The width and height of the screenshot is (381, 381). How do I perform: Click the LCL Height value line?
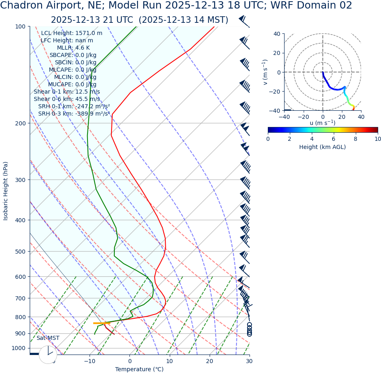pyautogui.click(x=72, y=33)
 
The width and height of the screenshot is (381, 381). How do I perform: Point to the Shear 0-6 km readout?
pyautogui.click(x=67, y=99)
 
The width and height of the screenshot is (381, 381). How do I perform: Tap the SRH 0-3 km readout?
pyautogui.click(x=74, y=114)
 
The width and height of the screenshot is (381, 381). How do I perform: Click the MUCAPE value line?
pyautogui.click(x=72, y=84)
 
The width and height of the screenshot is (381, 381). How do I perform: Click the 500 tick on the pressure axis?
pyautogui.click(x=20, y=252)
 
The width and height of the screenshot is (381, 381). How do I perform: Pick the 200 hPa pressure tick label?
pyautogui.click(x=20, y=123)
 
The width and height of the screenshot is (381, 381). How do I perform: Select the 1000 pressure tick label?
pyautogui.click(x=19, y=348)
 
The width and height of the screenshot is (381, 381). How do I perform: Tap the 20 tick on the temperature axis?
pyautogui.click(x=209, y=361)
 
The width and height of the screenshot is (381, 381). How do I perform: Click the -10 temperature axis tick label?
pyautogui.click(x=90, y=361)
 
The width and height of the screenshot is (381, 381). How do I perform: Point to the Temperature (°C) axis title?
pyautogui.click(x=139, y=370)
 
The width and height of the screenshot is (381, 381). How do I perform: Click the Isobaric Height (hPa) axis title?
pyautogui.click(x=6, y=191)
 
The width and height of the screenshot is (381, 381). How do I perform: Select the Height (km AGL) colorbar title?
pyautogui.click(x=322, y=147)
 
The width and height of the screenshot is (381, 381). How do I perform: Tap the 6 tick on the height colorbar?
pyautogui.click(x=334, y=139)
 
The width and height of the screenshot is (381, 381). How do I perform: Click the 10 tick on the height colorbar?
pyautogui.click(x=377, y=139)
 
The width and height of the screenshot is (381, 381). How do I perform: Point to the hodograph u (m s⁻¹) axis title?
pyautogui.click(x=322, y=123)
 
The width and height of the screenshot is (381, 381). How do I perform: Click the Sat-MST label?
pyautogui.click(x=48, y=338)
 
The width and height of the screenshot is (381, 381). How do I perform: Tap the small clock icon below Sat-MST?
pyautogui.click(x=48, y=355)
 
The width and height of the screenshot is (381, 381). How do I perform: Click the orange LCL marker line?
pyautogui.click(x=101, y=323)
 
